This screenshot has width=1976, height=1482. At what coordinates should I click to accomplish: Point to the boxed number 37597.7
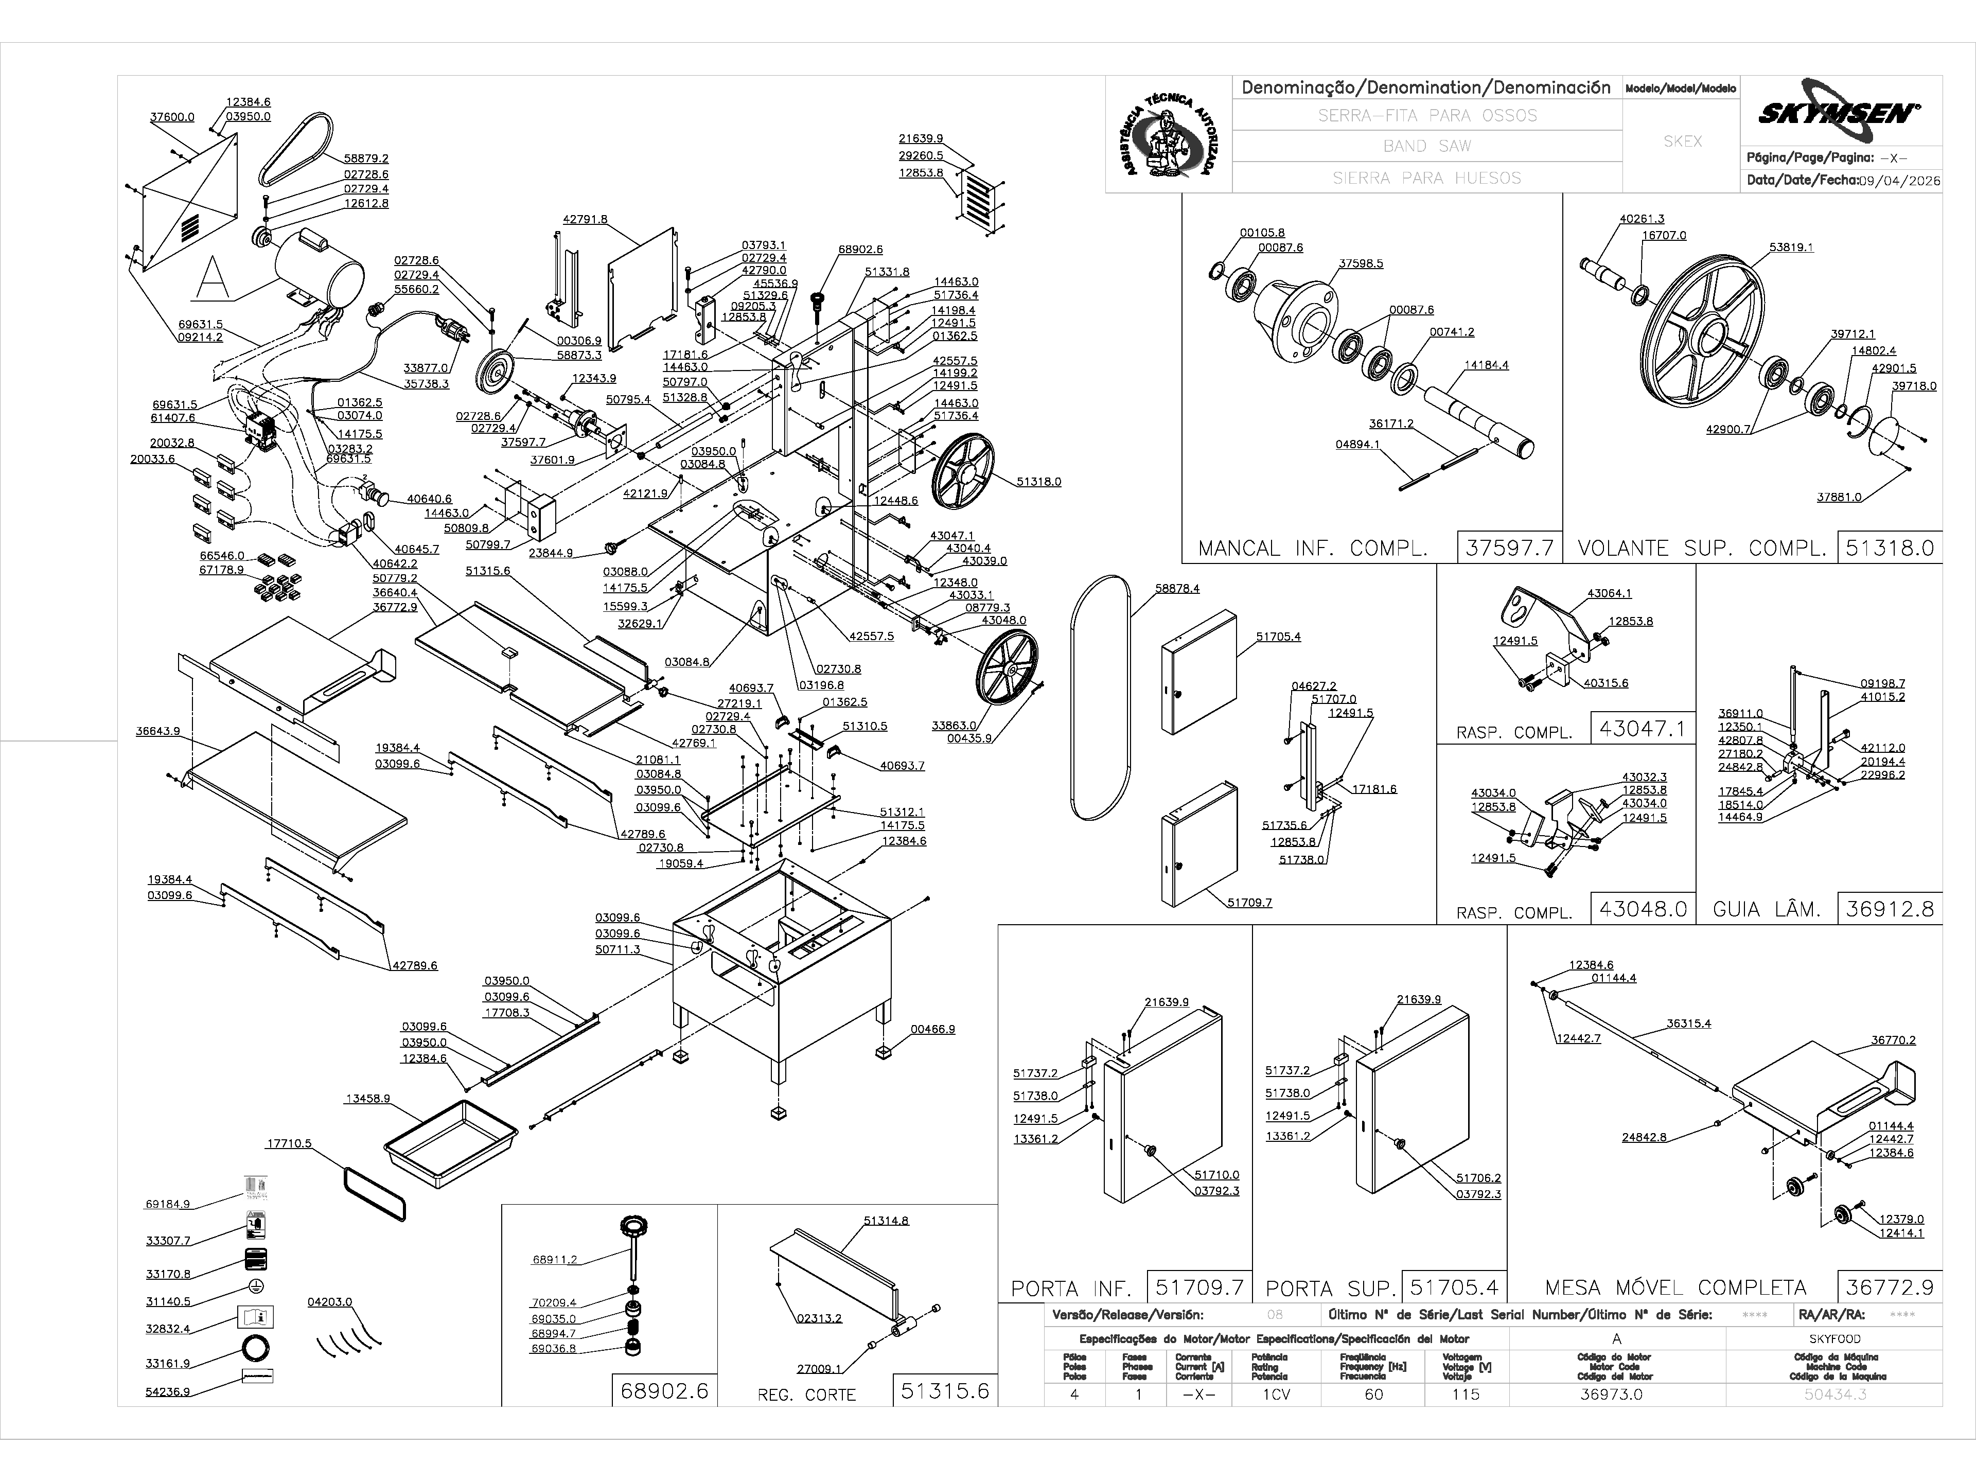(x=1510, y=548)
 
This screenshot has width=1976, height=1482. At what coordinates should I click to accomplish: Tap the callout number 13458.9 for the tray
(x=367, y=1099)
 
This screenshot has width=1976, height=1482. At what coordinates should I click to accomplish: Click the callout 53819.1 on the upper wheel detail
(x=1791, y=248)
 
